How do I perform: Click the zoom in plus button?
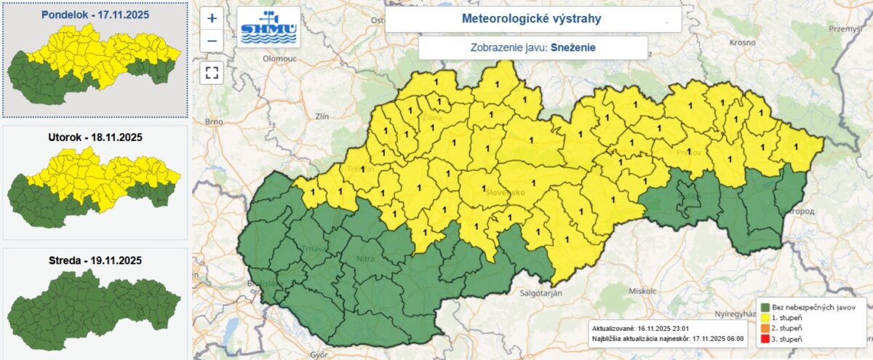[x=212, y=19]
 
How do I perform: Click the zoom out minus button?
[x=212, y=41]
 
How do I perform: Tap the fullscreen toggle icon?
[x=212, y=72]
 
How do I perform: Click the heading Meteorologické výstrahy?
[x=532, y=19]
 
